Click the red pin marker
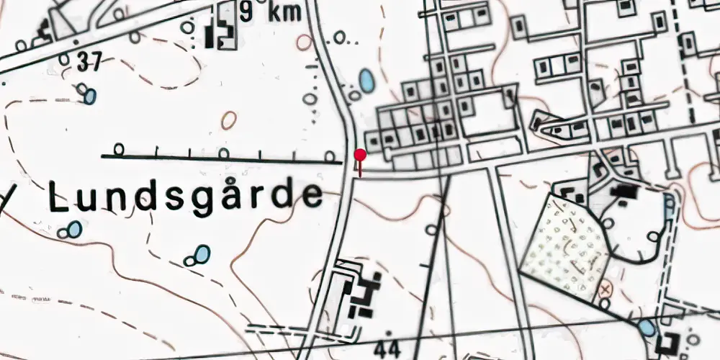click(x=360, y=156)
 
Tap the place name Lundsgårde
click(x=186, y=197)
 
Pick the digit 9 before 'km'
click(x=247, y=13)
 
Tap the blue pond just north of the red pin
click(x=366, y=80)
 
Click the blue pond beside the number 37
click(x=89, y=96)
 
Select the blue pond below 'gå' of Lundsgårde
click(x=202, y=254)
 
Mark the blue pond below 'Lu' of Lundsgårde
click(x=74, y=229)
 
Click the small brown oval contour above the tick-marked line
click(x=229, y=120)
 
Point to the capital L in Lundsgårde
click(x=60, y=196)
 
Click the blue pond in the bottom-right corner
click(x=647, y=328)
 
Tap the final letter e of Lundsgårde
click(x=312, y=196)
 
